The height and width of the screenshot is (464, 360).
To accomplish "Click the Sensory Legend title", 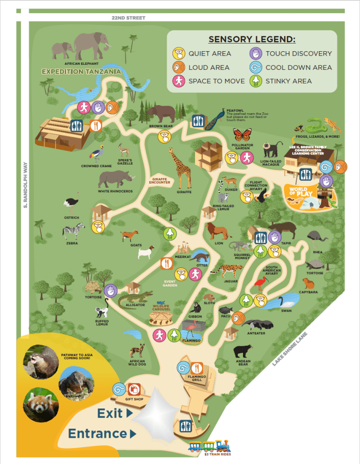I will click(252, 39).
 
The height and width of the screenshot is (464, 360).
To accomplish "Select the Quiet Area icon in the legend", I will click(179, 53).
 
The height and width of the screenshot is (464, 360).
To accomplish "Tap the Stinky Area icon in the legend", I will click(256, 81).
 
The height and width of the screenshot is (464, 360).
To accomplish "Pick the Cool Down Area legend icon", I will click(256, 68).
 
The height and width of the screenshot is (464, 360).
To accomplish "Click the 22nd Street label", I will click(129, 18).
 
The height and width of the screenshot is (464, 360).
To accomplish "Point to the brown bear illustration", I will click(161, 113).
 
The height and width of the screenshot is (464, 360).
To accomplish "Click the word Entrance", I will click(97, 433).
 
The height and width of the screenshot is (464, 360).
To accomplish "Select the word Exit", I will click(110, 413).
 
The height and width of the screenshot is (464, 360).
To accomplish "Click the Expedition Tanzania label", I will click(81, 72).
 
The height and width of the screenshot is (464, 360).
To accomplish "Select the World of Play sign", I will click(298, 192).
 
